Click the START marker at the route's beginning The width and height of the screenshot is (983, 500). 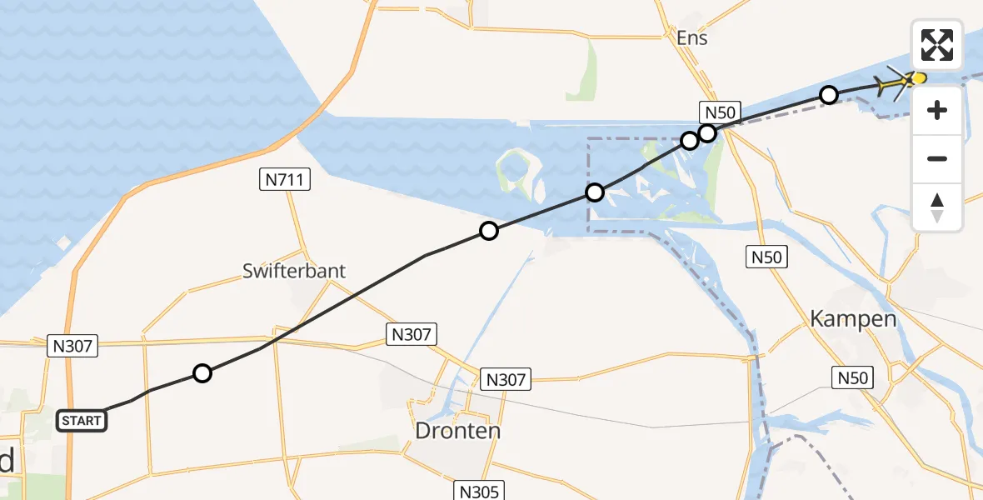tap(81, 421)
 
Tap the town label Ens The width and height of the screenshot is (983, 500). tap(691, 38)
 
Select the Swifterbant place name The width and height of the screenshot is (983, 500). tap(294, 271)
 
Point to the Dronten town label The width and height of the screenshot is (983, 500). tap(458, 431)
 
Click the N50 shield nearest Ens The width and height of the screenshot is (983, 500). tap(719, 112)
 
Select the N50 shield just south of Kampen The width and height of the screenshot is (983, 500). tap(853, 377)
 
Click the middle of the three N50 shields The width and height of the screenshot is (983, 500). tap(766, 257)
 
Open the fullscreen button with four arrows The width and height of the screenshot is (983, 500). tap(937, 45)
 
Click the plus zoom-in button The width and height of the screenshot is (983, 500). tap(937, 110)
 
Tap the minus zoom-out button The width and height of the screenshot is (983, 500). tap(937, 158)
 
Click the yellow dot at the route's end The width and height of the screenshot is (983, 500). tap(919, 78)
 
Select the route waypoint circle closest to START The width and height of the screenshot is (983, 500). tap(202, 373)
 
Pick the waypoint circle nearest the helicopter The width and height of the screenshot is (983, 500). tap(828, 95)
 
